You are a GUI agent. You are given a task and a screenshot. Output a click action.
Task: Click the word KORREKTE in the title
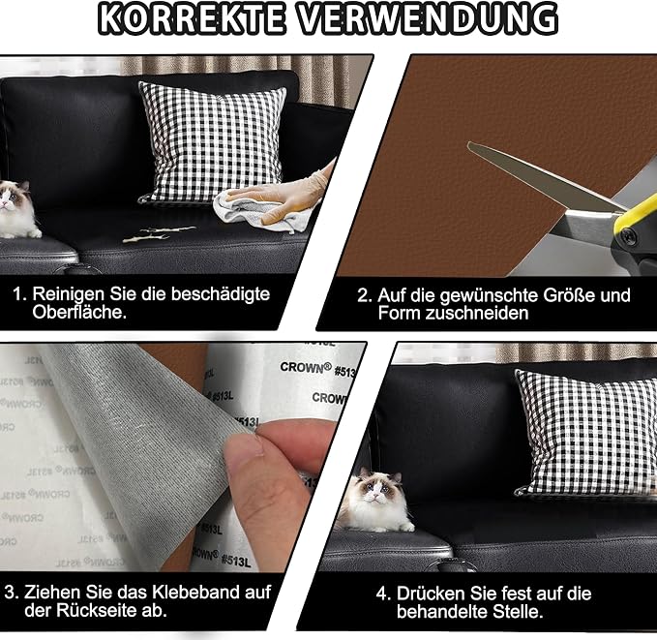[x=191, y=18]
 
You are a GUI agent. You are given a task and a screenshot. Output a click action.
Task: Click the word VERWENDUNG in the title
[x=429, y=18]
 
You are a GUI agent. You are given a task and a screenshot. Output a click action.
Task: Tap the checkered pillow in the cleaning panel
[x=213, y=141]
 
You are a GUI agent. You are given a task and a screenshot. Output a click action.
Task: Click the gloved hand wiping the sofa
[x=289, y=193]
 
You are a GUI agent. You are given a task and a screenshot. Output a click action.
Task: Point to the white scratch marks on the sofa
[x=160, y=234]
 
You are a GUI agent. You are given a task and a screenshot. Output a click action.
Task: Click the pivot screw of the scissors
[x=628, y=236]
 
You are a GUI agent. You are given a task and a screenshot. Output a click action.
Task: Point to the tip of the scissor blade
[x=469, y=144]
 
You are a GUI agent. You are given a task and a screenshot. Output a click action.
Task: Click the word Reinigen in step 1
[x=69, y=294]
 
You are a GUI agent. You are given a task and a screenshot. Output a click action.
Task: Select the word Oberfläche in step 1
[x=79, y=313]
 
